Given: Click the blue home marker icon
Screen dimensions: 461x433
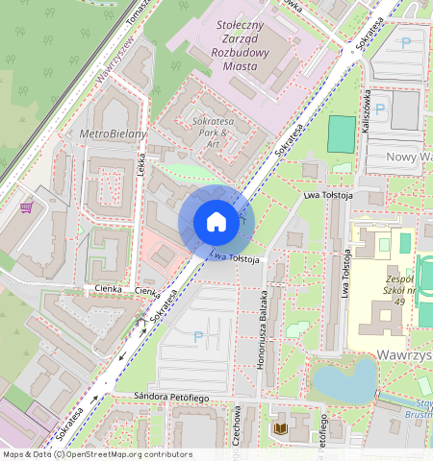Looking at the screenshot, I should [x=216, y=223].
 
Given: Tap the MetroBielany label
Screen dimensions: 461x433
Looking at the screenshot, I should [x=115, y=133].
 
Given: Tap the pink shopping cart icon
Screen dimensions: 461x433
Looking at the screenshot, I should [x=26, y=206].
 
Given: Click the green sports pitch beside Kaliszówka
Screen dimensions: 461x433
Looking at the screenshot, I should [x=341, y=133].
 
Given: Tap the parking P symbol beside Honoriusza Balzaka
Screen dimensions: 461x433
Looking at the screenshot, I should [x=199, y=337].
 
